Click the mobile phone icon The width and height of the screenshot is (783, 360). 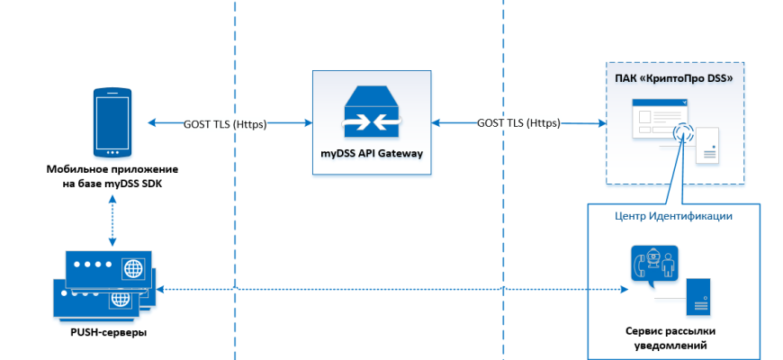click(112, 122)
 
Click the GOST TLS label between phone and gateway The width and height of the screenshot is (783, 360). click(225, 124)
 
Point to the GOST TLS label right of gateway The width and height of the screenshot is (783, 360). click(517, 122)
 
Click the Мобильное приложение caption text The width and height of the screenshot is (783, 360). click(112, 169)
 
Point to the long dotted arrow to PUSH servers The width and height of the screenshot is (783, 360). click(387, 290)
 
